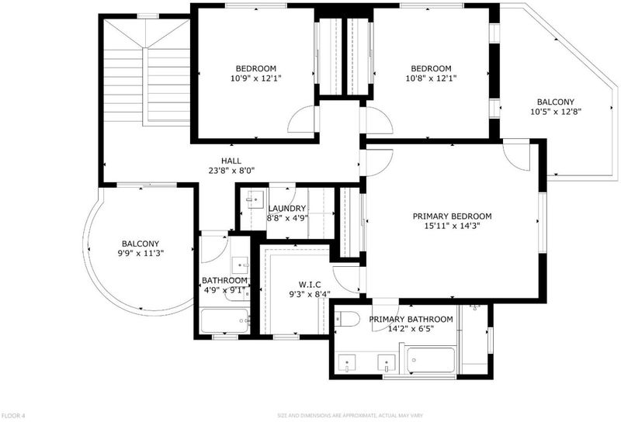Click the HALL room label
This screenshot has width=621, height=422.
[231, 161]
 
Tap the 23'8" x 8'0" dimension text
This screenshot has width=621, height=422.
[231, 171]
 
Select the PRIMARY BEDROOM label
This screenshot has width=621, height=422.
[453, 216]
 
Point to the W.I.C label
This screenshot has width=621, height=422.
[310, 284]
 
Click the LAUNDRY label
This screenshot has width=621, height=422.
[287, 208]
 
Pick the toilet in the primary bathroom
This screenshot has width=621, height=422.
[347, 319]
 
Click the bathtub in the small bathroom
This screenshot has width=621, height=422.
[225, 321]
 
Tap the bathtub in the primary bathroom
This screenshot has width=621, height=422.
[431, 360]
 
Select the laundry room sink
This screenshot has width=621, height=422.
[255, 196]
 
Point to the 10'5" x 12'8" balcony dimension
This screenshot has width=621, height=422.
[556, 112]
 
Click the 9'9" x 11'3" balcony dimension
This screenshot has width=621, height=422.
[141, 254]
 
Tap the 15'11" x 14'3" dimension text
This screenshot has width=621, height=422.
[452, 226]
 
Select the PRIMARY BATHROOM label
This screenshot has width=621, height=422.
[411, 319]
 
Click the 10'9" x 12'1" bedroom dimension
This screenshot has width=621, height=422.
[256, 78]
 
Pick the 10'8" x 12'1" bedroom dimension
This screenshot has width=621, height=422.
[431, 78]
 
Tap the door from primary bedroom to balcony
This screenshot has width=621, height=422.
[516, 154]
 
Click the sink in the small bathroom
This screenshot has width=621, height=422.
[240, 264]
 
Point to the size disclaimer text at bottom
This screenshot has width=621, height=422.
[350, 416]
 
